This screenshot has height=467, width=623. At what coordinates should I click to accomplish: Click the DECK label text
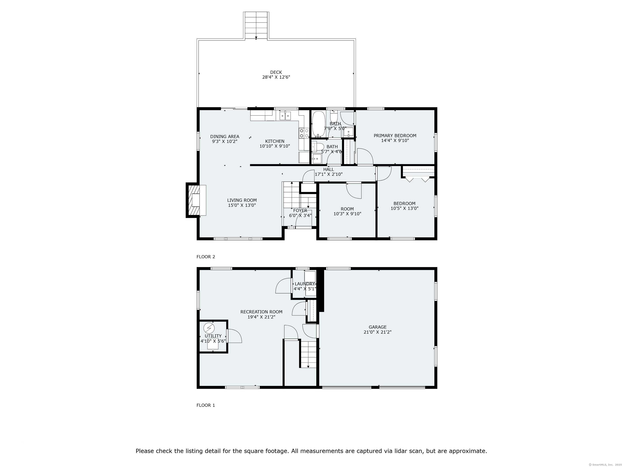pos(276,72)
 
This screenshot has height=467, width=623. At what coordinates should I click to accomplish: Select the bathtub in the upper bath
pos(318,124)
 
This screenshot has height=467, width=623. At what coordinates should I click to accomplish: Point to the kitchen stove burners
pos(304,133)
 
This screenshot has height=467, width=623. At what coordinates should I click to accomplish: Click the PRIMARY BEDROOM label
pos(395,136)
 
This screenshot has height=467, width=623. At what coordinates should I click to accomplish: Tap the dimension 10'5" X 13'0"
pos(404,208)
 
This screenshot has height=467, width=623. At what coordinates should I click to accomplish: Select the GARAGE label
pos(377,327)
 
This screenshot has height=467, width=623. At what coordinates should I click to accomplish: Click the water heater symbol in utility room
pos(209,328)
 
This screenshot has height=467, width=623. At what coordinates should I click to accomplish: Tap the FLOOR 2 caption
pos(206,257)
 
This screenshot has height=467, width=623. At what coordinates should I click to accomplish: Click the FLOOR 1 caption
pos(206,405)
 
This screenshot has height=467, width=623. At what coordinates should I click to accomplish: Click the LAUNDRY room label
pos(305,284)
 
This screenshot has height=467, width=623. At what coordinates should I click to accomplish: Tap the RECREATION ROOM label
pos(261,312)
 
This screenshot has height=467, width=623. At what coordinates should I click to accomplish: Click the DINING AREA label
pos(225,137)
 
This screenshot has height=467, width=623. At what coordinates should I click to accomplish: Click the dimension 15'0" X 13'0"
pos(242,205)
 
